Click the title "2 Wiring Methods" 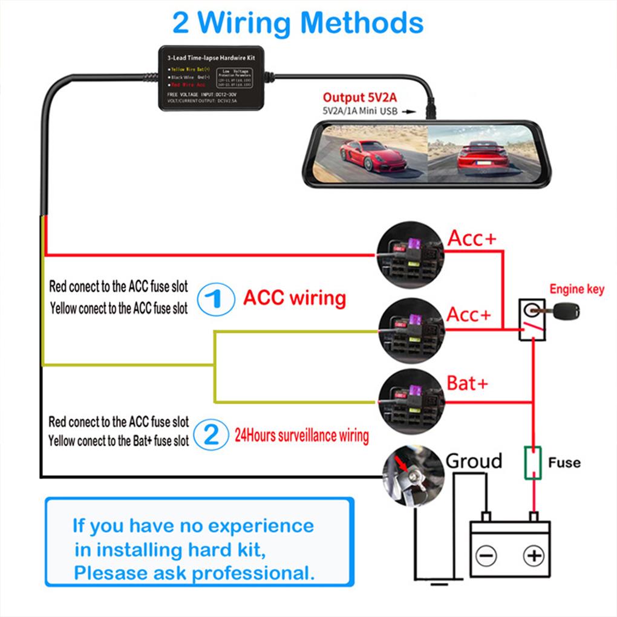(298, 23)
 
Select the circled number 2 (211, 436)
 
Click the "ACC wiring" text (295, 298)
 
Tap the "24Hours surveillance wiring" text (301, 436)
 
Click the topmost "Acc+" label (472, 238)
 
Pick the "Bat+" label (467, 383)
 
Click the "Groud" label (474, 461)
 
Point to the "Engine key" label (576, 289)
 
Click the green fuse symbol (533, 463)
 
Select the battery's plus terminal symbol (533, 555)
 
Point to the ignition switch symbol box (530, 320)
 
